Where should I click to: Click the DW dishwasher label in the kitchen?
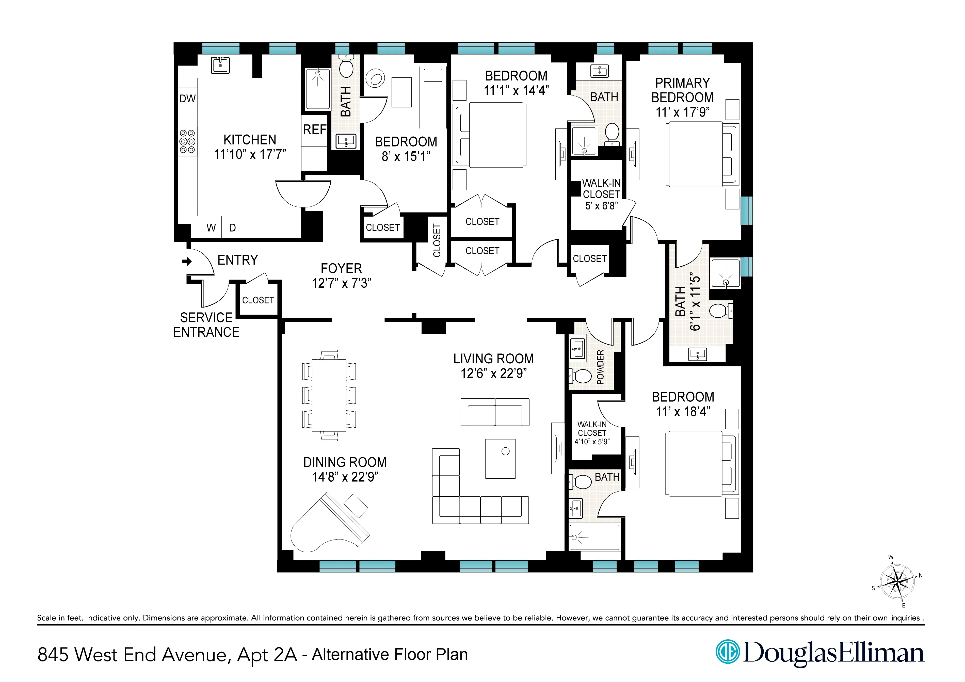pos(187,99)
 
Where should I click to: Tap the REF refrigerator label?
pos(314,129)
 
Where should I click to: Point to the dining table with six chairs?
pos(329,395)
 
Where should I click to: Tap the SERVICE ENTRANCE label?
pos(206,325)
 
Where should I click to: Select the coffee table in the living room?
pos(500,459)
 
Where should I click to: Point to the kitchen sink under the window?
pos(220,66)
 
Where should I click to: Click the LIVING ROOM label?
pos(493,359)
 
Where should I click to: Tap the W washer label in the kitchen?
pos(211,228)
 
